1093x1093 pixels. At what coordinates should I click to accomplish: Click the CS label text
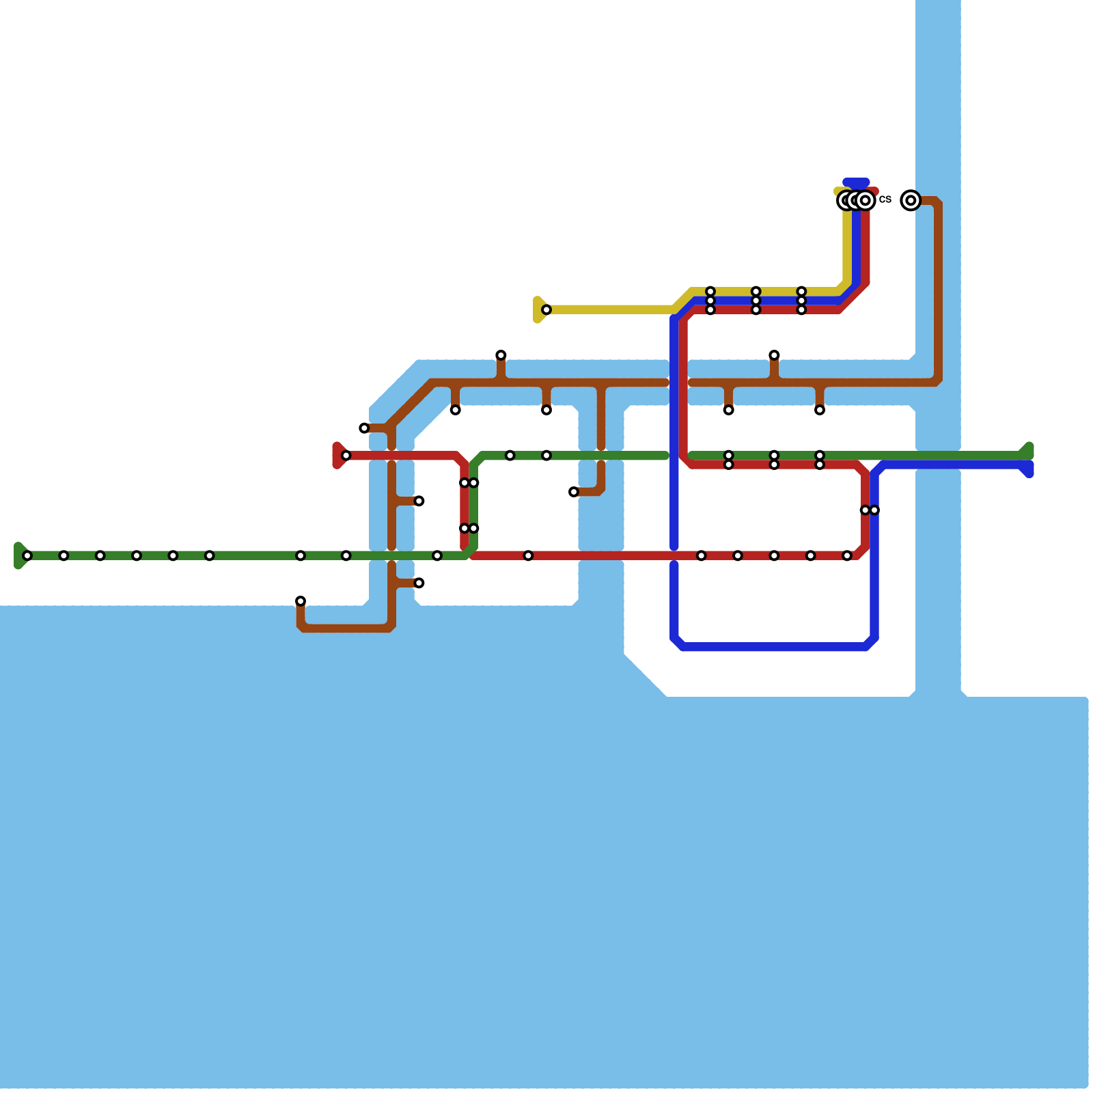885,199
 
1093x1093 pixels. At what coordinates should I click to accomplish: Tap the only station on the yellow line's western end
546,310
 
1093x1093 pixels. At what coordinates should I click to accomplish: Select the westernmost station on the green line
27,556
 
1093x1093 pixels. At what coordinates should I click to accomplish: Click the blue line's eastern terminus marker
1027,470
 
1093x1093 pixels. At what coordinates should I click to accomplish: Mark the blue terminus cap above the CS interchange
856,183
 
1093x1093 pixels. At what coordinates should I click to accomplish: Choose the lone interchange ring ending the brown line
911,200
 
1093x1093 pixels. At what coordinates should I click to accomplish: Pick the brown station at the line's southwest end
301,601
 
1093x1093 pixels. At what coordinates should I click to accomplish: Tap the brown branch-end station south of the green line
419,583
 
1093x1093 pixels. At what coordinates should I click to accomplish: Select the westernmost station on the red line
346,456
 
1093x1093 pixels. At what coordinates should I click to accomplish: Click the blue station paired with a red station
874,510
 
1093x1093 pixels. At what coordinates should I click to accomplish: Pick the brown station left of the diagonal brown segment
364,428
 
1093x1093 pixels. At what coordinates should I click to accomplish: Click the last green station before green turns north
437,556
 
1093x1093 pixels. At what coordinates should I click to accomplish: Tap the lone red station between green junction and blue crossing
528,556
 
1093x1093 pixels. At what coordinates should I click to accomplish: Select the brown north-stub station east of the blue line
774,355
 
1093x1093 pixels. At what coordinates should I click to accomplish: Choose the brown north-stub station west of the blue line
501,355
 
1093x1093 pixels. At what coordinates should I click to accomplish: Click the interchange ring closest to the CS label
866,200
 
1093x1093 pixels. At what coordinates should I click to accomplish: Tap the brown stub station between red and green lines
419,501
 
